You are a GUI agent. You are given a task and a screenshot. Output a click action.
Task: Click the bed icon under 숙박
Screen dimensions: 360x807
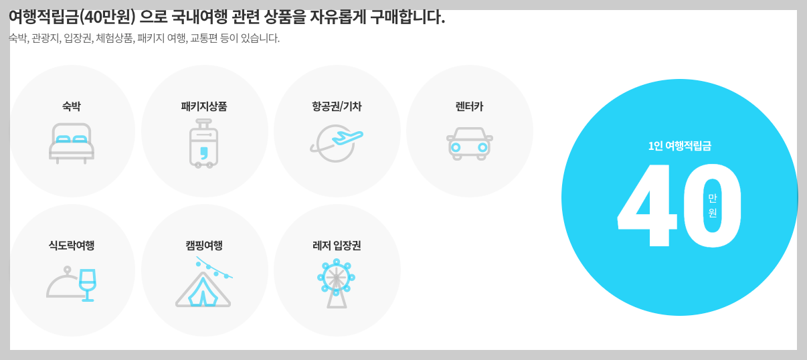(72, 143)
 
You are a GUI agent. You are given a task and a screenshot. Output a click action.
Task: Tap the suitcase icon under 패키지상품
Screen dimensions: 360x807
(203, 143)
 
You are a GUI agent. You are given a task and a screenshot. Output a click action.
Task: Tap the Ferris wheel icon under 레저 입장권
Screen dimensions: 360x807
(336, 282)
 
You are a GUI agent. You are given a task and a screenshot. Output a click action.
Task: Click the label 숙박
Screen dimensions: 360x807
(72, 106)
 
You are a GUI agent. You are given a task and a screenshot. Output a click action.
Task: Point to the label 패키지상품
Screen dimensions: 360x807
(204, 106)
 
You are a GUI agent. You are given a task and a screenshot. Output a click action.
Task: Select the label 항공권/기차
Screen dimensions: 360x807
(337, 106)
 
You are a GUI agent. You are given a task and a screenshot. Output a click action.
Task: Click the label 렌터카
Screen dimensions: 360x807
(469, 106)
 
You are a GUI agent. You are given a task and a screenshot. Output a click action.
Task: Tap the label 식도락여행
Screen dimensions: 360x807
(72, 246)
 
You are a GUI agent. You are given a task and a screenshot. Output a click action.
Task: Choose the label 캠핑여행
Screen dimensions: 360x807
(204, 246)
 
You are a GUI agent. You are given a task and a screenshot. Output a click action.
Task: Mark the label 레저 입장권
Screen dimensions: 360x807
(337, 246)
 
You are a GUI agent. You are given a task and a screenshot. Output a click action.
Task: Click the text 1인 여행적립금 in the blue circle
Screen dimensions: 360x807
(679, 146)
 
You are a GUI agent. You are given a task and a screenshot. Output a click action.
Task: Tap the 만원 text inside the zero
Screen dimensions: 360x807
(712, 205)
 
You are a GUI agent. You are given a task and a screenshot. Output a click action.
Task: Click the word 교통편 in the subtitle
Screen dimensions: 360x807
(205, 38)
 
